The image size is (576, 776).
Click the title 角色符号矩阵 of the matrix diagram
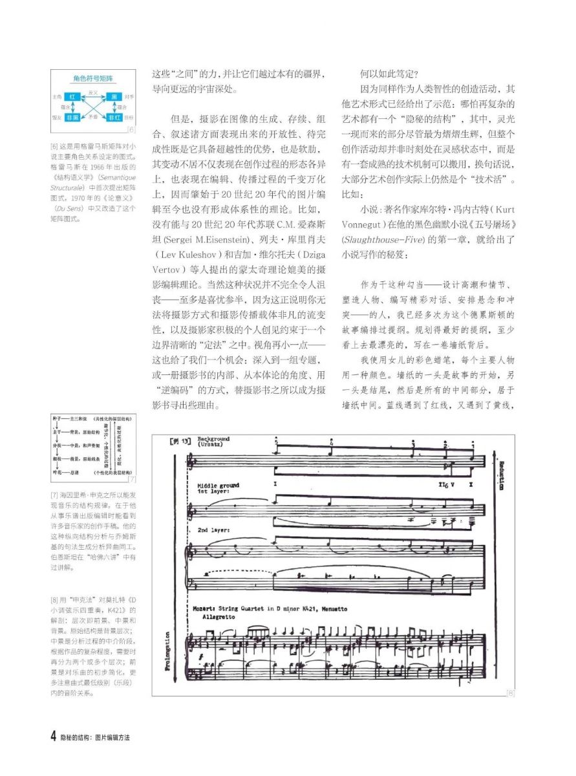[x=94, y=78]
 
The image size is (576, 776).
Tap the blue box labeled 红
[x=73, y=97]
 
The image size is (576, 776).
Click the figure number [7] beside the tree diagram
[x=132, y=479]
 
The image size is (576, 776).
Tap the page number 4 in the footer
[x=53, y=737]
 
